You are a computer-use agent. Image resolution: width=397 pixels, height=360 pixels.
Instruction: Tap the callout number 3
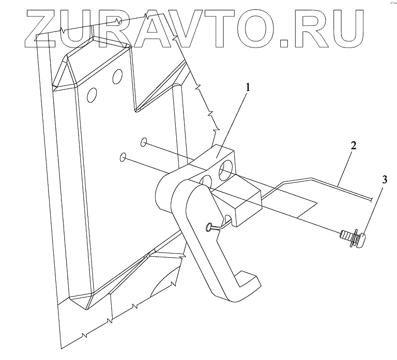point(384,179)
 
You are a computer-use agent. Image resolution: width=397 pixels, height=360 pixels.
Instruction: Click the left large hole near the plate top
point(92,95)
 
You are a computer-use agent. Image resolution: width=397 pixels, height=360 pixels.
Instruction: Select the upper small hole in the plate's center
point(144,141)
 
